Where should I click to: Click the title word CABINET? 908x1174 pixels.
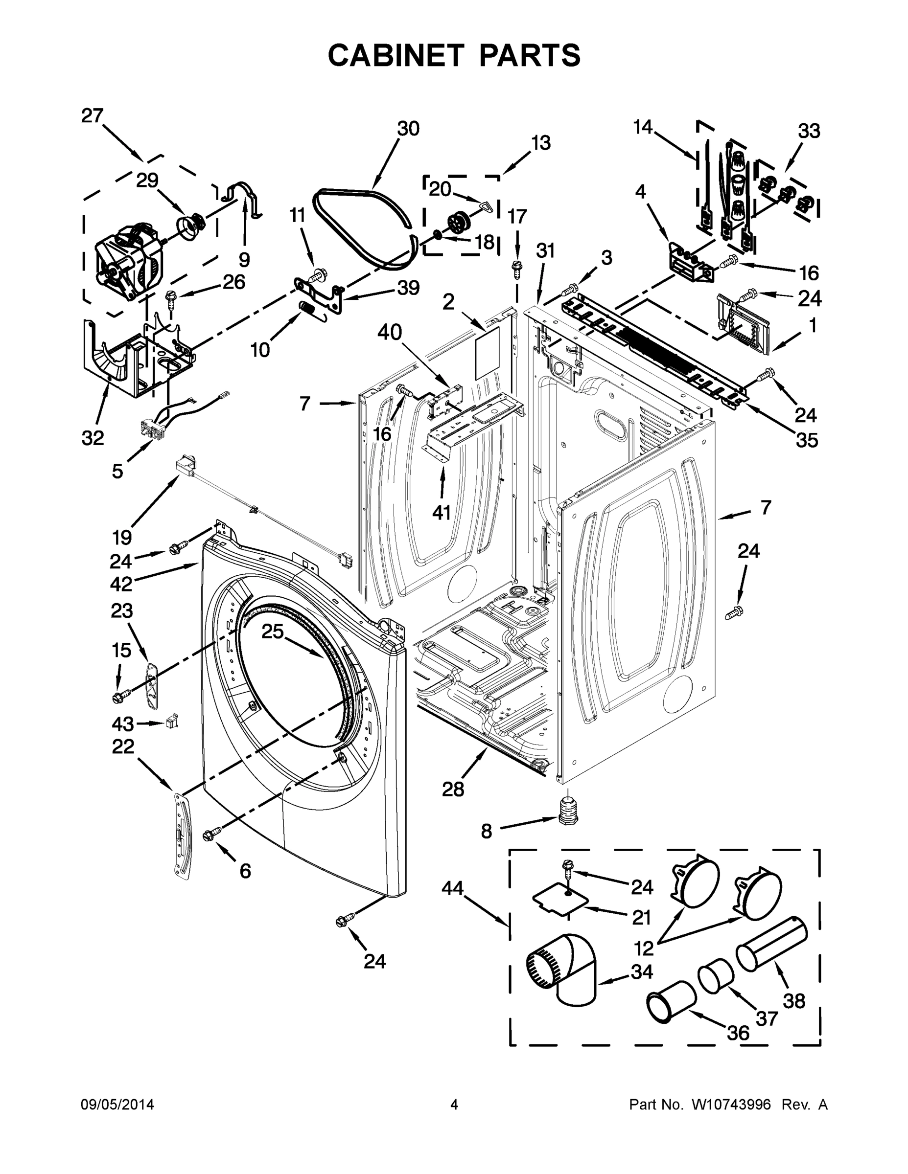point(396,55)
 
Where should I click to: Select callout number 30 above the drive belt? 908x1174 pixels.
point(408,129)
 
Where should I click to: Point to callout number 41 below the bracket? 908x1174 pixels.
point(442,512)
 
